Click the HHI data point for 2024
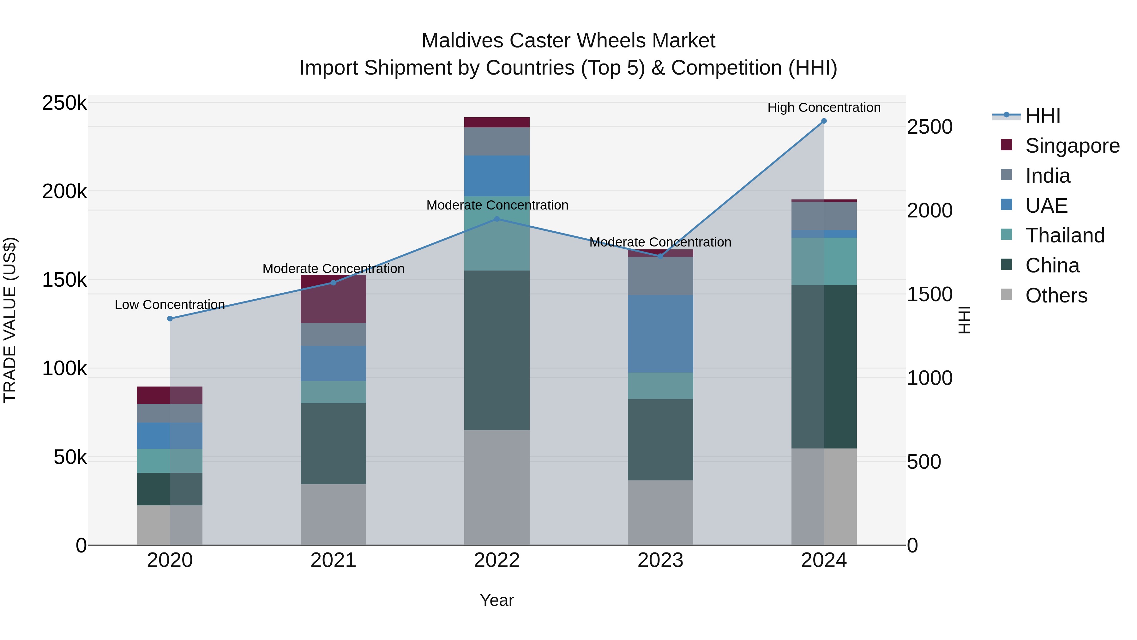824,121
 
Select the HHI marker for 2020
170,319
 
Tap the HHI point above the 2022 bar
497,219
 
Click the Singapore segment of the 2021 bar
333,299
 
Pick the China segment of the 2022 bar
497,350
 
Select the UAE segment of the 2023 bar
660,334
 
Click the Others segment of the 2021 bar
333,514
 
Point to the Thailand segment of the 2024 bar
824,261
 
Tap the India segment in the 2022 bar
497,141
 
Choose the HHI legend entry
1043,116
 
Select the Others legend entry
1056,296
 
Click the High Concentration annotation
824,107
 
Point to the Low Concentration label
170,305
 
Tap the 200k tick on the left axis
64,192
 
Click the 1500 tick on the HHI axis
929,294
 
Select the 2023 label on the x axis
660,560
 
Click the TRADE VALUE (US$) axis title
10,320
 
